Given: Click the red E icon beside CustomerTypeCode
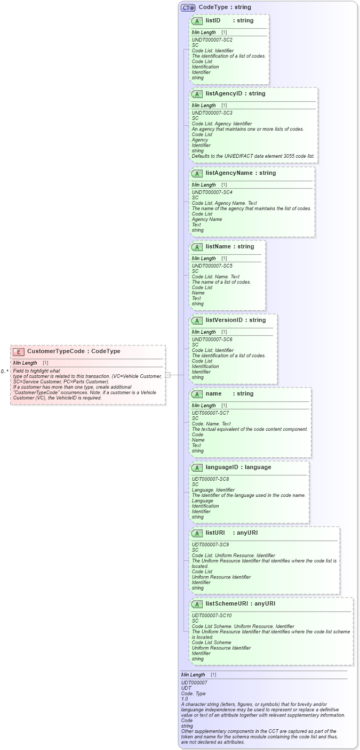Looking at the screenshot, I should [19, 351].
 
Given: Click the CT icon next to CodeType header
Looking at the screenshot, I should [188, 7].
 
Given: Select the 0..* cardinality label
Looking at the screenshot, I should [4, 371].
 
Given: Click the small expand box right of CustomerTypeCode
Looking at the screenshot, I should [167, 375].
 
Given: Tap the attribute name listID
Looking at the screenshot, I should [213, 20].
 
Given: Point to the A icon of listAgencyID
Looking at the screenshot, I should [197, 94].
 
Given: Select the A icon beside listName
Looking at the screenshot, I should [197, 247].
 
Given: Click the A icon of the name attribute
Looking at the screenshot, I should [197, 394].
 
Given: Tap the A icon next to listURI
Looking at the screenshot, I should [197, 533].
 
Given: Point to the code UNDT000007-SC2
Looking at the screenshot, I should [212, 40].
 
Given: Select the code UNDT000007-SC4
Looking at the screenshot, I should [212, 192].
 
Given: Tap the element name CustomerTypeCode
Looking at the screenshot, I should [55, 351].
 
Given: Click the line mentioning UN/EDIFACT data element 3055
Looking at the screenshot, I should [253, 156].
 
